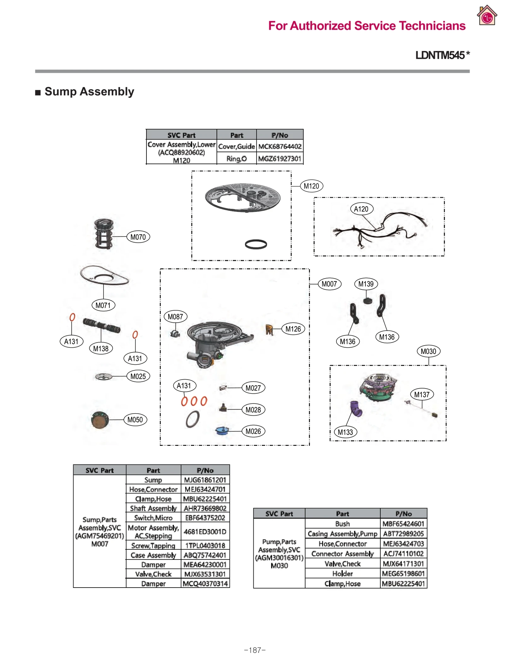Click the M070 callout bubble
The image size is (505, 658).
click(x=138, y=237)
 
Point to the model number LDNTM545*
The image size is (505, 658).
click(x=442, y=55)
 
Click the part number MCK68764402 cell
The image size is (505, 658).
click(x=280, y=147)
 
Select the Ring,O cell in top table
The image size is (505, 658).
click(x=236, y=159)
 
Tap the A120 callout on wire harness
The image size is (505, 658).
click(x=361, y=209)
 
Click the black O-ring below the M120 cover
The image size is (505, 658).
click(x=256, y=244)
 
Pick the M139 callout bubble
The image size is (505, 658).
click(x=366, y=284)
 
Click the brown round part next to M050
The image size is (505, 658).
click(x=100, y=420)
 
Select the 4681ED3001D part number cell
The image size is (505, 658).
click(x=205, y=532)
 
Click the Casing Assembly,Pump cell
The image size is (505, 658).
click(x=342, y=534)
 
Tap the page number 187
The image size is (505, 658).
click(x=255, y=650)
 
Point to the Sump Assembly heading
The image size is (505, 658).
click(x=89, y=92)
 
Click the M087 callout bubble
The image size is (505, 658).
click(x=175, y=317)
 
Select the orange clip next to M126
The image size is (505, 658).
click(x=269, y=330)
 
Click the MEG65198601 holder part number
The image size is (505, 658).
click(x=403, y=573)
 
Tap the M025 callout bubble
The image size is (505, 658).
click(x=138, y=376)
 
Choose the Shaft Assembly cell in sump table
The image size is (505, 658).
click(x=153, y=508)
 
